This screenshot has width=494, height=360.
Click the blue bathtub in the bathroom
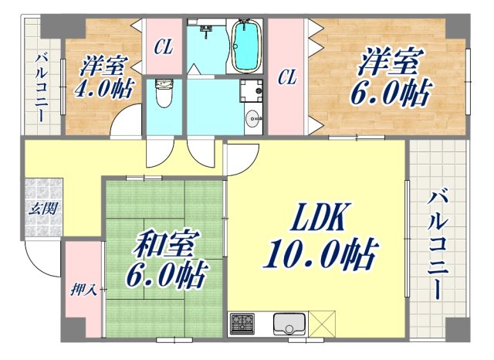[246, 46]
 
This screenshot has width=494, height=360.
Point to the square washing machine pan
[251, 91]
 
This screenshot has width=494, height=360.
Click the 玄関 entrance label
[42, 209]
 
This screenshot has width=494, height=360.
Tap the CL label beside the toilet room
[163, 47]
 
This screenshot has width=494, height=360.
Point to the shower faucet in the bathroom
[207, 31]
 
